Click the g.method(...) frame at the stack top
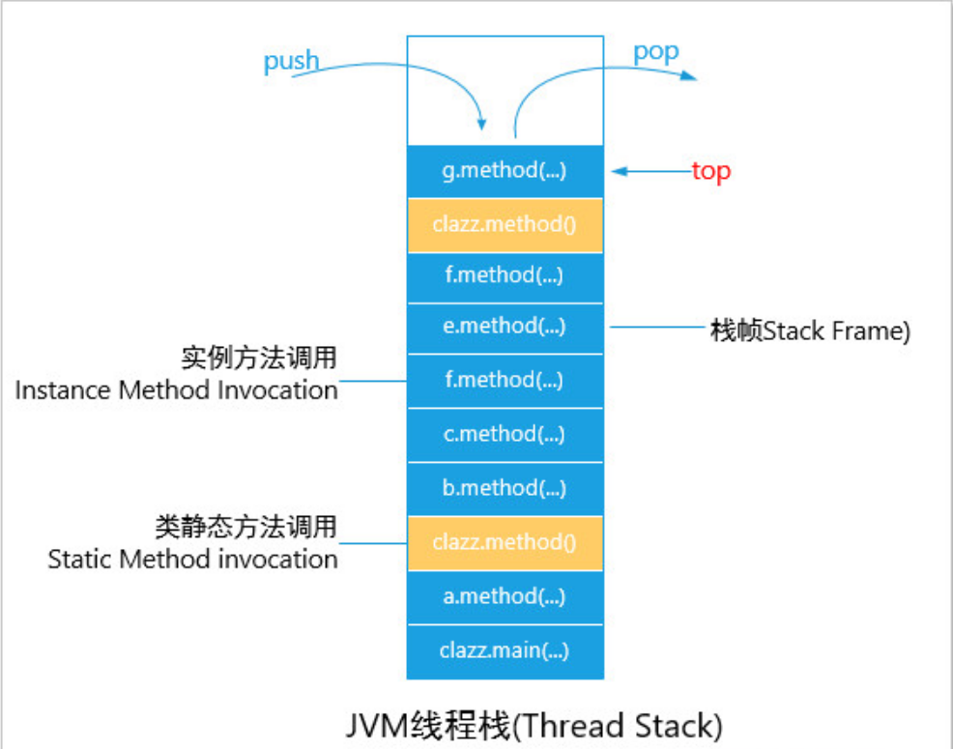(x=505, y=171)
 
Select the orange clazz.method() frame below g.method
(x=505, y=225)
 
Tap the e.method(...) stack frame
(x=505, y=327)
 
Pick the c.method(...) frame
(x=505, y=435)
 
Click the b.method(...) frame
(x=505, y=488)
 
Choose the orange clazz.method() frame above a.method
(x=505, y=542)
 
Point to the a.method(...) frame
(x=505, y=596)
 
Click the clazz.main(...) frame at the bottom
(x=505, y=650)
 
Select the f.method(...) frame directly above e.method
(x=505, y=276)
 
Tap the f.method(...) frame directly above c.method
(x=505, y=381)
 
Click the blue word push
(x=291, y=61)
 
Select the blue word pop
(x=655, y=52)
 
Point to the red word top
(x=710, y=172)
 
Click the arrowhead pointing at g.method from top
(x=618, y=171)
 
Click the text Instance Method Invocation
(x=176, y=390)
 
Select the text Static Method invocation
(x=192, y=560)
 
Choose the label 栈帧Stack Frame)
(x=810, y=332)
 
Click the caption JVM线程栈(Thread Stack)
(x=534, y=726)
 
